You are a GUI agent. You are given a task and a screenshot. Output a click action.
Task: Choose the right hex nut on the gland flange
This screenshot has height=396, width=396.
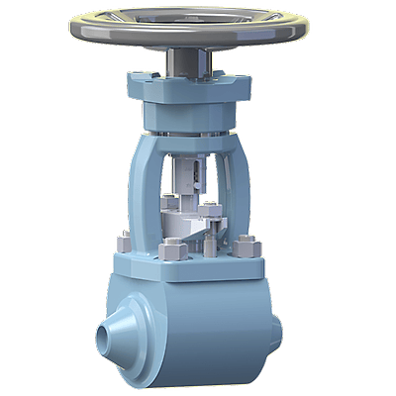[x=211, y=209]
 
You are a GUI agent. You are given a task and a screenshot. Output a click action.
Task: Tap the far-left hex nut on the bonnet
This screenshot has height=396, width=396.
[x=125, y=242]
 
